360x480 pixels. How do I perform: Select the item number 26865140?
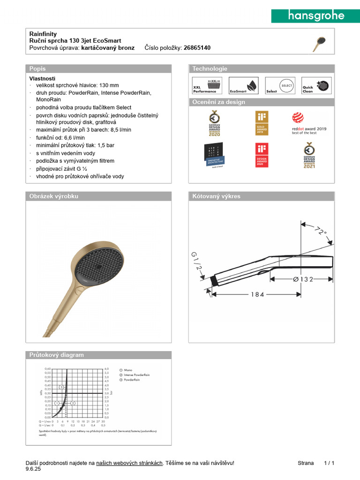[197, 48]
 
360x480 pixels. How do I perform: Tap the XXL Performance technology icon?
[207, 86]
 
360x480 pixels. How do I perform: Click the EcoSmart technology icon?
[243, 86]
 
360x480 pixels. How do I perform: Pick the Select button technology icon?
[279, 86]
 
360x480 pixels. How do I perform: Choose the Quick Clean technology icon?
[315, 86]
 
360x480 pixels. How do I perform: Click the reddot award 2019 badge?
[309, 124]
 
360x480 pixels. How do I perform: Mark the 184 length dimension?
[257, 294]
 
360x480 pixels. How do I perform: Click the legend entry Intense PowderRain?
[136, 375]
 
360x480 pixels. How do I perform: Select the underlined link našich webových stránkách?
[129, 463]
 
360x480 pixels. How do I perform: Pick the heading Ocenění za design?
[219, 102]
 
